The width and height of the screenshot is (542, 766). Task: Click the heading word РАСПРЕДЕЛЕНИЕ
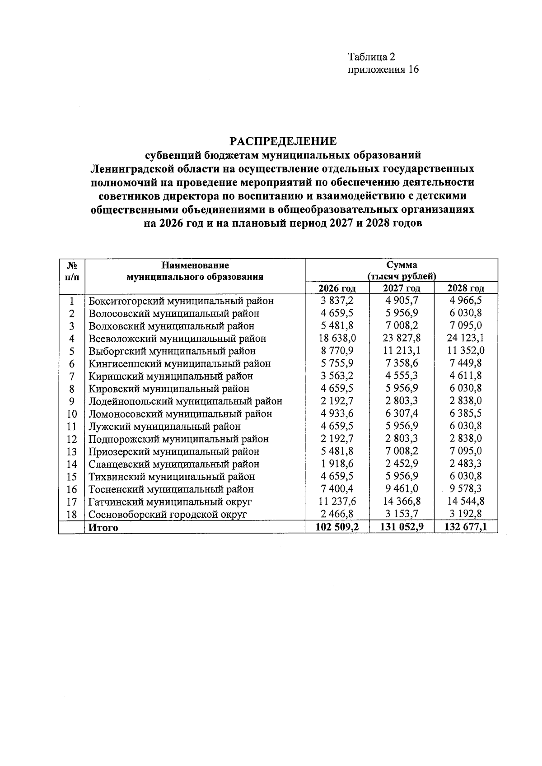pos(283,141)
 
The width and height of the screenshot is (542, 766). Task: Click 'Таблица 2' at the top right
pos(371,57)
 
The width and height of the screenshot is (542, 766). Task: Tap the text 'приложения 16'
pos(383,70)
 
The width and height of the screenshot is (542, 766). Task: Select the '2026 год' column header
pos(337,288)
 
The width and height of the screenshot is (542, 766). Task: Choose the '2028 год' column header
pos(466,288)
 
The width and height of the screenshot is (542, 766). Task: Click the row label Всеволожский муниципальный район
pos(177,339)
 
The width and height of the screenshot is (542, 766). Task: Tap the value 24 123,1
pos(466,338)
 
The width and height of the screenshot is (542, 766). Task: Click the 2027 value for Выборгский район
pos(402,351)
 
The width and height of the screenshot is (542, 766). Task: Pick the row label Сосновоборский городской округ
pos(168,515)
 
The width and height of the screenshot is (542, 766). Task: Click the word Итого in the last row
pos(103,527)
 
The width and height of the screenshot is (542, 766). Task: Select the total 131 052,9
pos(402,527)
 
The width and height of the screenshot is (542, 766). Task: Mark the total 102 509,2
pos(337,527)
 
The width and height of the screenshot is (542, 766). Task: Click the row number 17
pos(71,502)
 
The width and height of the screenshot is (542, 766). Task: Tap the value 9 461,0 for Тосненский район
pos(402,489)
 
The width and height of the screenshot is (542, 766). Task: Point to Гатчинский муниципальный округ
pos(170,502)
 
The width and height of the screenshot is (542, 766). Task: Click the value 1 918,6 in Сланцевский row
pos(337,464)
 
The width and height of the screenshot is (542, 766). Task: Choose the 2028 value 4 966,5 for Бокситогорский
pos(466,301)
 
